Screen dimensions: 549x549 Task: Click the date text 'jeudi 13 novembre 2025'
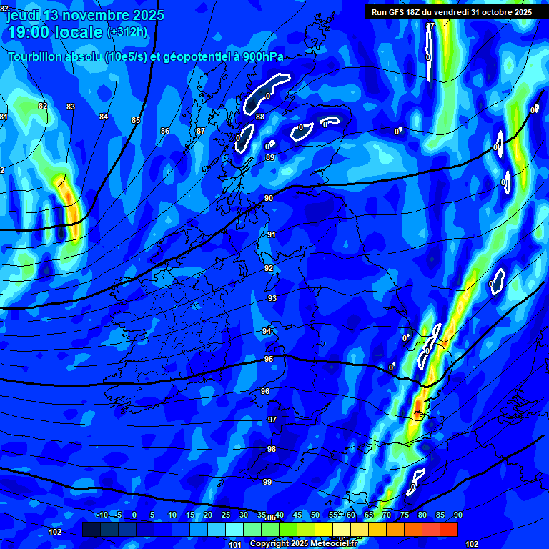tap(84, 15)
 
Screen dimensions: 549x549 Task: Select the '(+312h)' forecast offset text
tap(127, 32)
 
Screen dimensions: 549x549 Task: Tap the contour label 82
tap(43, 106)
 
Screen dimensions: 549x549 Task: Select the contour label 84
tap(104, 117)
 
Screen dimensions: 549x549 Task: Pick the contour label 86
tap(165, 131)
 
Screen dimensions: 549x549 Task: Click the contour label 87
tap(201, 131)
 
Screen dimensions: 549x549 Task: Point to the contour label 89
tap(270, 157)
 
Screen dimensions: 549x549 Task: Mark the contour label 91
tap(272, 234)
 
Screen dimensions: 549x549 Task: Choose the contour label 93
tap(272, 298)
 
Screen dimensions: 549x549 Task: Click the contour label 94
tap(267, 331)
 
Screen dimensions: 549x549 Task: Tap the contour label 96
tap(265, 391)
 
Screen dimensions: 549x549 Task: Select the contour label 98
tap(272, 449)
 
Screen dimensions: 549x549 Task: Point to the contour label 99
tap(267, 482)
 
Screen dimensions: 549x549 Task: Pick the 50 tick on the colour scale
tap(315, 515)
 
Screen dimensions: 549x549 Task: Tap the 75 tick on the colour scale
tap(405, 515)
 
